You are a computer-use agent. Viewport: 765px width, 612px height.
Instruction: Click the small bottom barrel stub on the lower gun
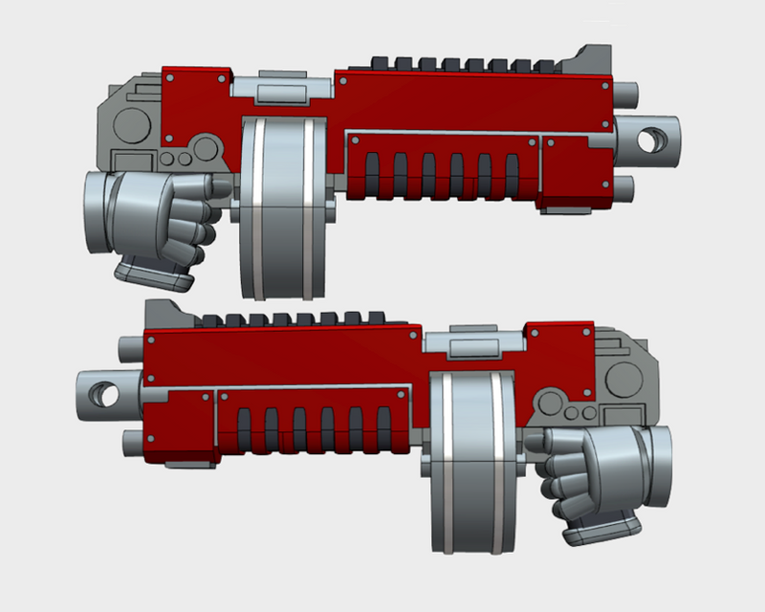pos(135,441)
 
